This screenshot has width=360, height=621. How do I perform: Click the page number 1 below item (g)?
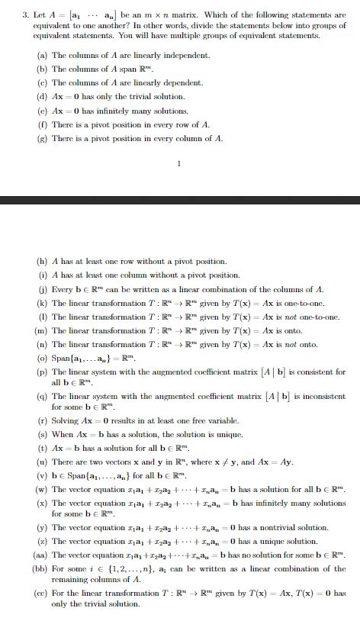[178, 162]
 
